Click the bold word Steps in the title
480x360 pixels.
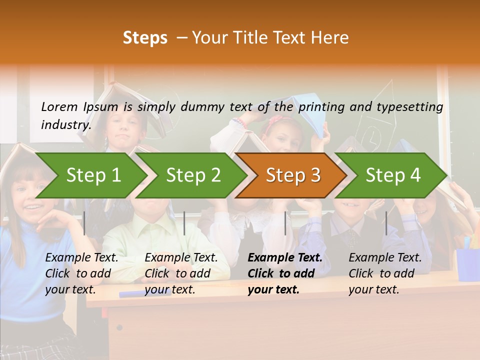[x=145, y=37]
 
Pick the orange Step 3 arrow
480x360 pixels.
[x=293, y=175]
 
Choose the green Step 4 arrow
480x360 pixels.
[x=393, y=175]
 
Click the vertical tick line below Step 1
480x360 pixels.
[x=84, y=223]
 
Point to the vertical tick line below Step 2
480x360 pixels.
[x=184, y=223]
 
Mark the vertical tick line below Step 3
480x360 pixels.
[x=285, y=223]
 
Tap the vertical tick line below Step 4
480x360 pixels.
[x=386, y=223]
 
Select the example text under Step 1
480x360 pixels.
[x=81, y=273]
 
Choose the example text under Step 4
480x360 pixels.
[x=384, y=273]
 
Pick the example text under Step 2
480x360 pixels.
[x=180, y=273]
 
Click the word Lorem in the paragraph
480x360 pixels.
[x=59, y=106]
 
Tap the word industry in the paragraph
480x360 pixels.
[x=65, y=124]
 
